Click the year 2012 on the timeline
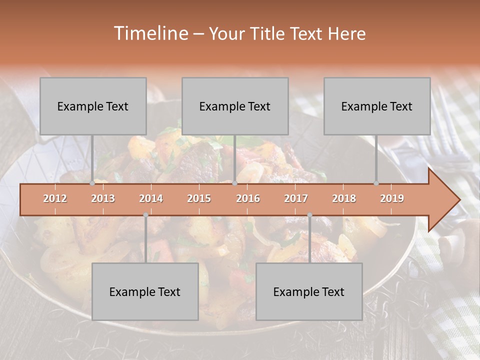(x=55, y=198)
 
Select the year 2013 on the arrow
(x=103, y=198)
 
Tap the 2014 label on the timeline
(x=151, y=198)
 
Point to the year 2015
(x=199, y=198)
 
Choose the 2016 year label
(x=248, y=198)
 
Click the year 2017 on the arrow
(x=296, y=198)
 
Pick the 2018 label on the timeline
(x=344, y=198)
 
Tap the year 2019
(x=392, y=198)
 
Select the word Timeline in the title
(x=150, y=33)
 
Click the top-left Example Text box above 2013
(x=93, y=106)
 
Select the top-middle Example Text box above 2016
(x=235, y=106)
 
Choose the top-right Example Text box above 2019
(x=377, y=106)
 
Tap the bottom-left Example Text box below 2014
(x=145, y=291)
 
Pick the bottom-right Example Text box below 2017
(x=309, y=291)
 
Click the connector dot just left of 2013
(x=92, y=183)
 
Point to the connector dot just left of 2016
(x=234, y=183)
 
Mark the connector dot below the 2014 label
(x=145, y=215)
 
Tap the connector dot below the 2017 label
(x=309, y=215)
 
